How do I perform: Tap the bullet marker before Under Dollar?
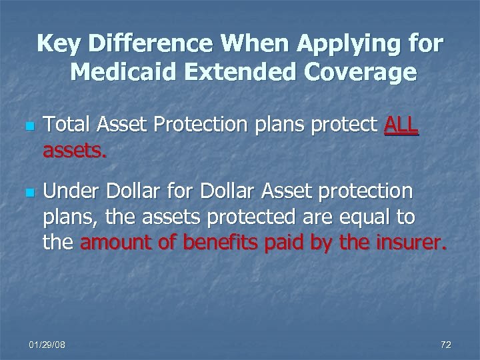(28, 193)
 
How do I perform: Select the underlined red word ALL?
(401, 124)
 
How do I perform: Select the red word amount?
(117, 243)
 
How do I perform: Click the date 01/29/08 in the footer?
(47, 345)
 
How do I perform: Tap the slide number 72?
(446, 345)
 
